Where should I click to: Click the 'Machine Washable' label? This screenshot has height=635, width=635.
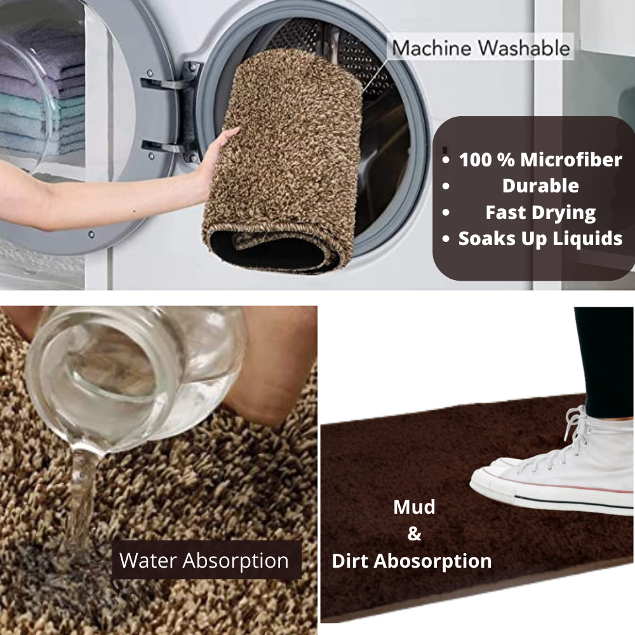coord(481,48)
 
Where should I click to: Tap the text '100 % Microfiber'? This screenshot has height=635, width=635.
coord(540,159)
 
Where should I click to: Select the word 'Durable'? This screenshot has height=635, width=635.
coord(540,186)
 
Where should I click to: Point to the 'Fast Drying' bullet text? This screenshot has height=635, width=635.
coord(540,213)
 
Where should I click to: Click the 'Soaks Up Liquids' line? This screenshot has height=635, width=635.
coord(540,239)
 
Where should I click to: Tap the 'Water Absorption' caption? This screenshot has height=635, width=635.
coord(204,561)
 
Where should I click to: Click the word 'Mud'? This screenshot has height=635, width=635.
coord(414,507)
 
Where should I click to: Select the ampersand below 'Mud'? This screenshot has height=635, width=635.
coord(414,534)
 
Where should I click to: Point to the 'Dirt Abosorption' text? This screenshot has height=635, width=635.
coord(412,561)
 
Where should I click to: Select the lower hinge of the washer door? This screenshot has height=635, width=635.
coord(170,148)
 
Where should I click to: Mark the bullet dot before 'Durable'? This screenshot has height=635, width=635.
coord(446,186)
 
